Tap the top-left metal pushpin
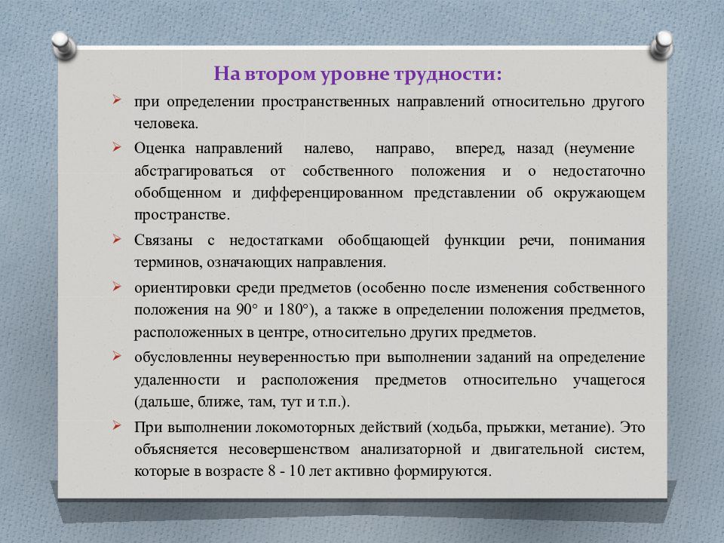(x=63, y=44)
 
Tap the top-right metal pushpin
(x=661, y=44)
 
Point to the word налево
(x=328, y=149)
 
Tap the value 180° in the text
(x=295, y=309)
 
